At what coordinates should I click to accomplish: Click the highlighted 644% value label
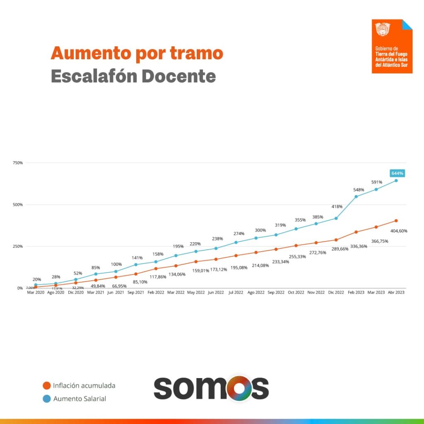tap(397, 173)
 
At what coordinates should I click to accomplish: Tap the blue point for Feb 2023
tap(356, 196)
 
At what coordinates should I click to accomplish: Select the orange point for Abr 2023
tap(396, 221)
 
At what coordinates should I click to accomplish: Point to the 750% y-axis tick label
tap(17, 163)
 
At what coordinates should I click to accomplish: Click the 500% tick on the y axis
tap(17, 205)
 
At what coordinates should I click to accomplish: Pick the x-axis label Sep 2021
tap(136, 292)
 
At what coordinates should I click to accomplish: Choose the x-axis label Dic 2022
tap(336, 292)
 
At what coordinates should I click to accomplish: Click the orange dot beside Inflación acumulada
tap(46, 385)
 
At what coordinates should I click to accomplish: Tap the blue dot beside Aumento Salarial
tap(46, 399)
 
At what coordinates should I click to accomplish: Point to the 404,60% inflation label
tap(399, 231)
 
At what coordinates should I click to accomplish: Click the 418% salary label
tap(336, 207)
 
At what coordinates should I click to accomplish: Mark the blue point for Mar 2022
tap(176, 255)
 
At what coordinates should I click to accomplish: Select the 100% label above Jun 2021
tap(116, 264)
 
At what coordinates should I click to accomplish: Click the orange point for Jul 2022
tap(236, 255)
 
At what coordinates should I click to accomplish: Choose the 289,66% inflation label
tap(336, 249)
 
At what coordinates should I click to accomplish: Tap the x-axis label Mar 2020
tap(35, 292)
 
